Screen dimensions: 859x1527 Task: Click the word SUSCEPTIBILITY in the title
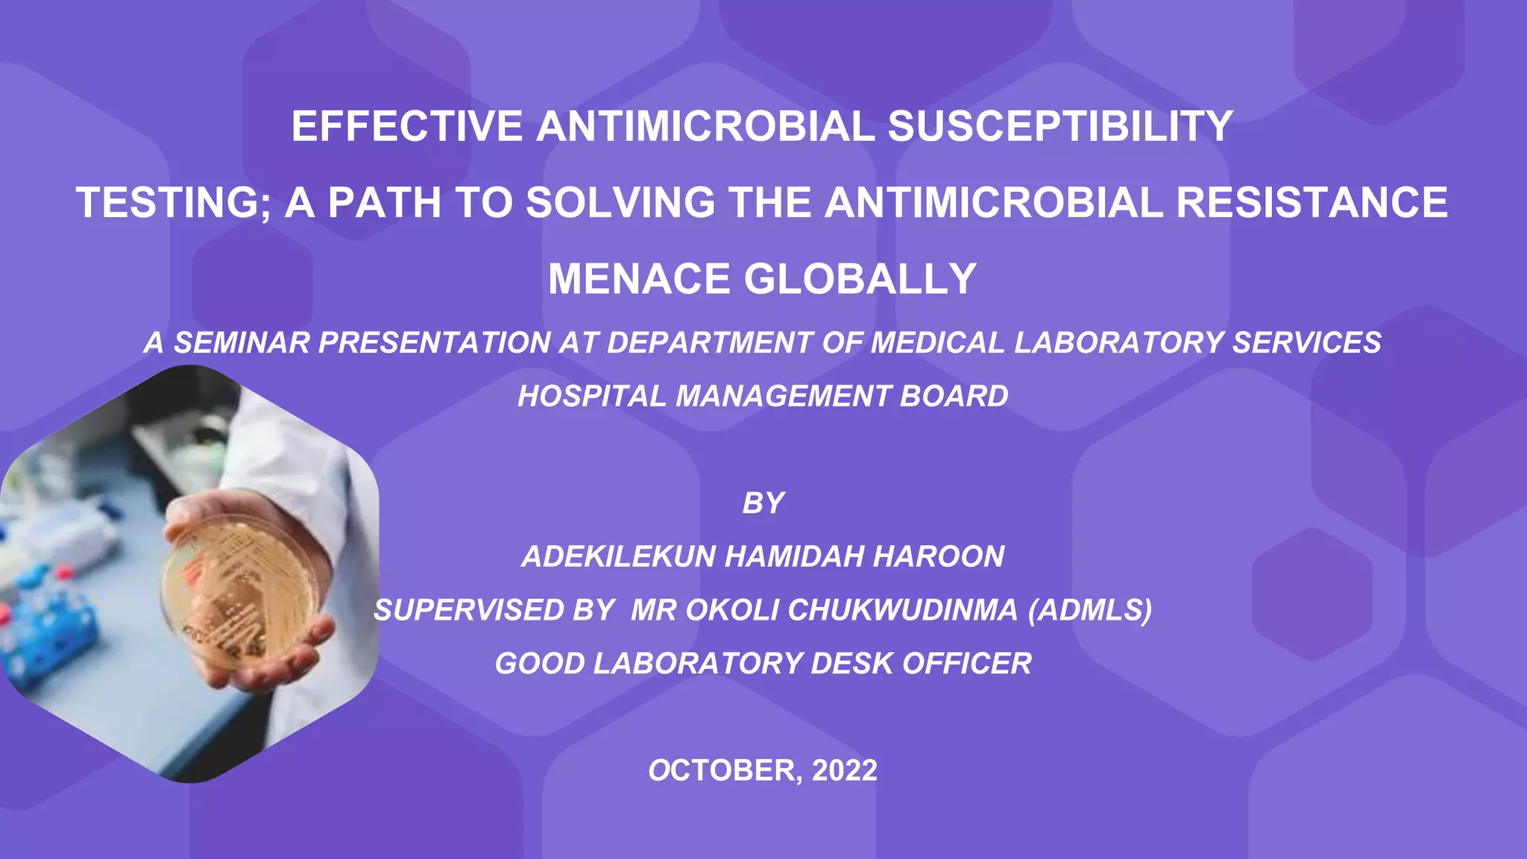tap(1060, 126)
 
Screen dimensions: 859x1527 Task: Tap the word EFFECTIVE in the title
tap(407, 126)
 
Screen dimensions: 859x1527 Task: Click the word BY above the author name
tap(763, 503)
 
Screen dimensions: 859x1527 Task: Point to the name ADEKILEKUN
tap(618, 557)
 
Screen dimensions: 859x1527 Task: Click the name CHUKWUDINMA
tap(902, 611)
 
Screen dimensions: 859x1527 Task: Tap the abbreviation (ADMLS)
tap(1090, 611)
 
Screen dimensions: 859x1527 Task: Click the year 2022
tap(844, 770)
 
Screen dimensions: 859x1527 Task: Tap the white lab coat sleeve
tap(298, 462)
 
